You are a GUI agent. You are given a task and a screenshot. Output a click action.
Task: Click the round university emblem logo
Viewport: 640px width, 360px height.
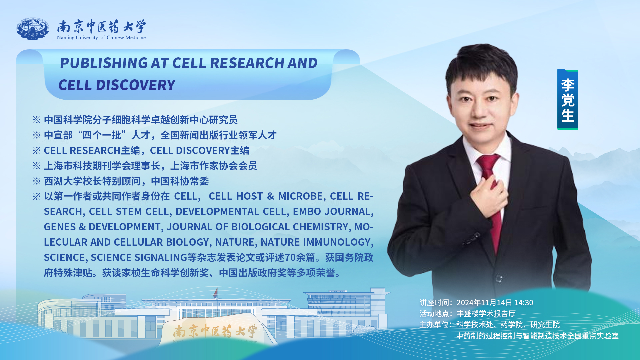tap(33, 29)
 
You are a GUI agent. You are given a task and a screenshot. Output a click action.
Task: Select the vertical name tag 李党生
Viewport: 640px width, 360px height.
tap(567, 99)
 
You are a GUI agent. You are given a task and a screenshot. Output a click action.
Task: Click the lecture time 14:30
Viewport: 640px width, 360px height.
tap(524, 303)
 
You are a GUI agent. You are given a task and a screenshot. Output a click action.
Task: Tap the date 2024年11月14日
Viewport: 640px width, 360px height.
tap(484, 303)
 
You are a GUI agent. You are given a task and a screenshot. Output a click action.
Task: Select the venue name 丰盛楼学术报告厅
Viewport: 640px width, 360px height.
tap(486, 314)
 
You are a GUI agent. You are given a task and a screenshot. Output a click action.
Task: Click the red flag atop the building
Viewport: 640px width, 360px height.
tap(216, 293)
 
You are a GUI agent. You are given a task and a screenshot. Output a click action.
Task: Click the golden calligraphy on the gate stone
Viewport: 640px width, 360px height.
tap(215, 332)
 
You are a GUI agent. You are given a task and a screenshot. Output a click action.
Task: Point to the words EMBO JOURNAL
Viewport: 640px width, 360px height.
tap(331, 212)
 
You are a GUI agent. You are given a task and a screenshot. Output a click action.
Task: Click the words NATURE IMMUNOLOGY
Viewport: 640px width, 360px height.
tap(315, 242)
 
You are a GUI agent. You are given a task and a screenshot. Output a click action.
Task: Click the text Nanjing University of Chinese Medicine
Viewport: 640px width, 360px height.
tap(101, 38)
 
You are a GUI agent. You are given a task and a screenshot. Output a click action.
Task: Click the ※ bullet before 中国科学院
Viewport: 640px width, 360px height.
tap(37, 120)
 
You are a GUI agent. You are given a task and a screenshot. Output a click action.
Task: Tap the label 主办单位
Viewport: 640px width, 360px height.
tap(434, 325)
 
